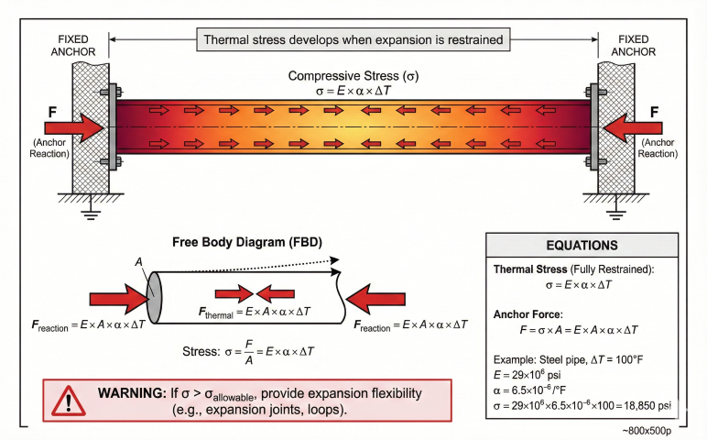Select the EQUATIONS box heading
pyautogui.click(x=582, y=246)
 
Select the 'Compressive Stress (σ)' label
pyautogui.click(x=353, y=75)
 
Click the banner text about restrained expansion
pyautogui.click(x=353, y=40)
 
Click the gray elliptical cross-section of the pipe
pyautogui.click(x=153, y=294)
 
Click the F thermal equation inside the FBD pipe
pyautogui.click(x=255, y=312)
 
